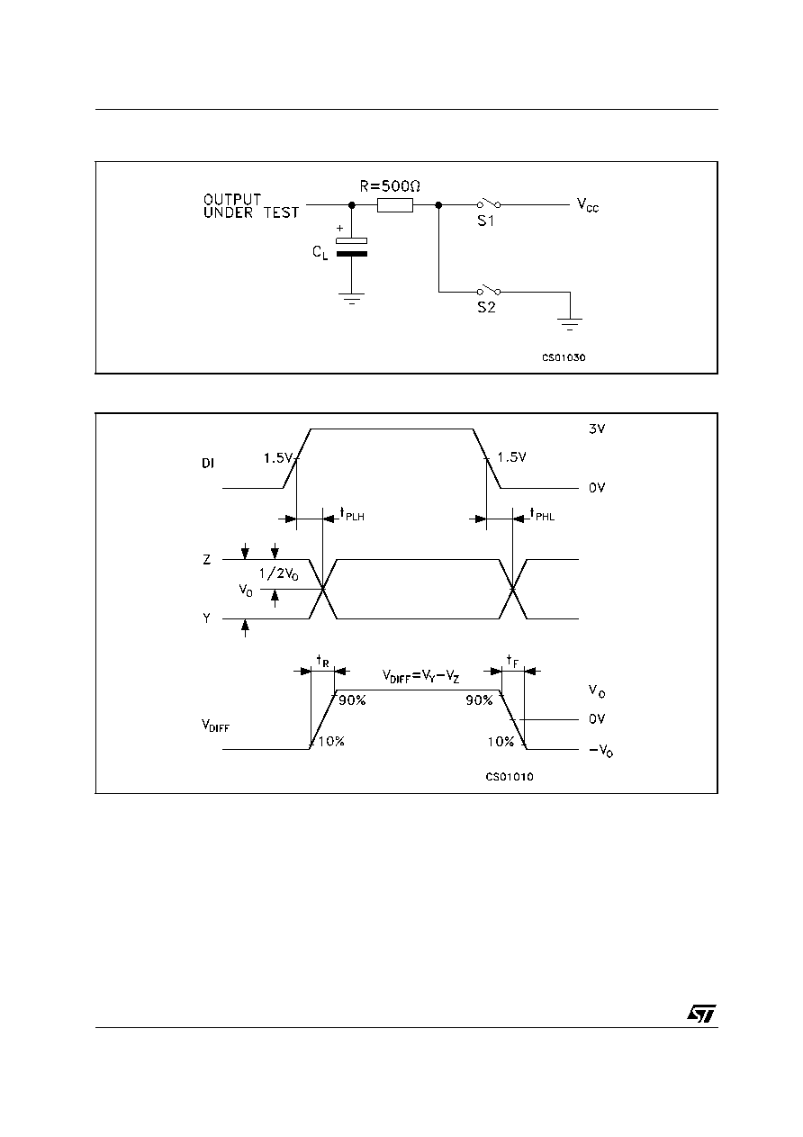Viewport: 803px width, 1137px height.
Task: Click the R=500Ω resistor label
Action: [390, 186]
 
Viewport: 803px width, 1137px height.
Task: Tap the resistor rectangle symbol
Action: [395, 205]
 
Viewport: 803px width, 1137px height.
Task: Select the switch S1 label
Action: [486, 221]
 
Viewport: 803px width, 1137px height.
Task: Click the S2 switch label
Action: [486, 308]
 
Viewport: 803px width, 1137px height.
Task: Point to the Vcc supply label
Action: [588, 205]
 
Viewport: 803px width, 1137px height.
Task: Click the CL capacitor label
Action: [320, 252]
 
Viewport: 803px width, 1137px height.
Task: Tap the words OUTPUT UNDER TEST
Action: [251, 206]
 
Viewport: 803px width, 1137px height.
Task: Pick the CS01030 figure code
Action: [564, 358]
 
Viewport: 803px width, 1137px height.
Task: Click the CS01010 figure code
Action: [510, 777]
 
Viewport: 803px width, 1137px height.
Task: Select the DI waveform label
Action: [208, 464]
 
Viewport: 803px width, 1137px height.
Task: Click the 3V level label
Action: [597, 429]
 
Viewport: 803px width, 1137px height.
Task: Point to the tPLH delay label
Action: [352, 514]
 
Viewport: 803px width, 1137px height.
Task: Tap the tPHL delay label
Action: [542, 514]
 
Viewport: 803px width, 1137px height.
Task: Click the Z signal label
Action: [206, 559]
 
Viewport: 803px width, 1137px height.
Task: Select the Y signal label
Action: [206, 618]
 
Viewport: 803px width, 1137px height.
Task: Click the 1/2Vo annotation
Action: [279, 574]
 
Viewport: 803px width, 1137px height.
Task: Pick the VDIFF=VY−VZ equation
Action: [420, 676]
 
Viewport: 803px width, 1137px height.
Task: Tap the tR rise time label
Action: [323, 661]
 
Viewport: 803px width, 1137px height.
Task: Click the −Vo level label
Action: [601, 750]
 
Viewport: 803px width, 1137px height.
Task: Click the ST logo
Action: [701, 1014]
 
